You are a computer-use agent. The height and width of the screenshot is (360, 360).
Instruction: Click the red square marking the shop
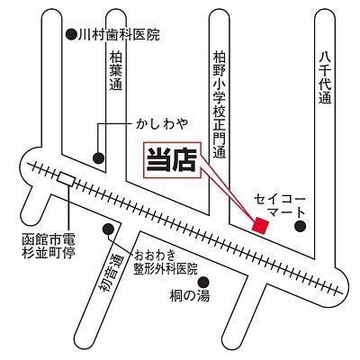click(260, 225)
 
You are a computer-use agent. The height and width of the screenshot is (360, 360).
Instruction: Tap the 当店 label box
click(172, 160)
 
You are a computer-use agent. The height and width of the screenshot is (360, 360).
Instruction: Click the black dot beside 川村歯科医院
click(71, 34)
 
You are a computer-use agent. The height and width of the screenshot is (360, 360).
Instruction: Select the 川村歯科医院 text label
click(119, 35)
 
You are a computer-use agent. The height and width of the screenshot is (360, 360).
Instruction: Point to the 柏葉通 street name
click(116, 71)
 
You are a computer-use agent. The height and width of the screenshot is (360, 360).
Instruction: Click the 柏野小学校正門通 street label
click(220, 104)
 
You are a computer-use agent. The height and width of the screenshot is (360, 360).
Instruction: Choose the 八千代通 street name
click(325, 77)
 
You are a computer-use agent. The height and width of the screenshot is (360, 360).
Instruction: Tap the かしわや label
click(162, 123)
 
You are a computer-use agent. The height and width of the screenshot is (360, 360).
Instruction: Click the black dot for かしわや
click(98, 157)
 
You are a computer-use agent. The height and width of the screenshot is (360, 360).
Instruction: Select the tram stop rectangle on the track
click(66, 179)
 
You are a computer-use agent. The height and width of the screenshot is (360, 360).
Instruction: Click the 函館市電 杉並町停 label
click(49, 247)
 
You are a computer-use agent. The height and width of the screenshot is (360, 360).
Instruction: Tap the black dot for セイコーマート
click(300, 226)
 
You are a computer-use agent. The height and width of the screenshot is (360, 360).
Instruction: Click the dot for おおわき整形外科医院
click(108, 229)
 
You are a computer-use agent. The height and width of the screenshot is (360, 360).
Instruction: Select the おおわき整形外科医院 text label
click(166, 262)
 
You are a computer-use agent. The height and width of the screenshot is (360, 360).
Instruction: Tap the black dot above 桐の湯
click(203, 282)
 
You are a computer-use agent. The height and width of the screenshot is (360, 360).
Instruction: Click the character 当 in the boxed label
click(158, 160)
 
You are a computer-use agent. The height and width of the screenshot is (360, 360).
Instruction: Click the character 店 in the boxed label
click(184, 160)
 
